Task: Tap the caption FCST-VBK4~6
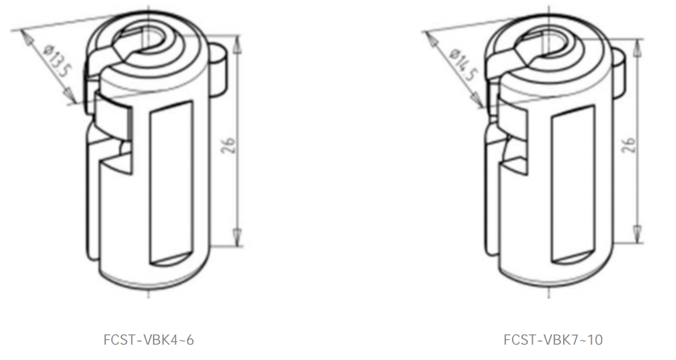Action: point(149,340)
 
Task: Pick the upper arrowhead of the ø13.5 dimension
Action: point(28,38)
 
